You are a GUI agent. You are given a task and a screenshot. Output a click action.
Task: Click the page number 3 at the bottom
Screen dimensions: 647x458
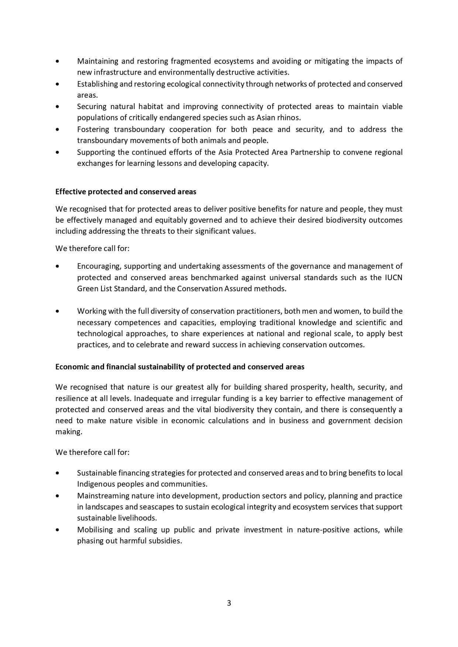[229, 603]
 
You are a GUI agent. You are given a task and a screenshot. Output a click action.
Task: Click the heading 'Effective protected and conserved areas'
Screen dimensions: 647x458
[125, 192]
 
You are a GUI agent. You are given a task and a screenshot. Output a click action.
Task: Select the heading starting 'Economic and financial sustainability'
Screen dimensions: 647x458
[180, 367]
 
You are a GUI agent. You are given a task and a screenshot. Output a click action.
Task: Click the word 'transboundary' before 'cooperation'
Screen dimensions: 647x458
[140, 129]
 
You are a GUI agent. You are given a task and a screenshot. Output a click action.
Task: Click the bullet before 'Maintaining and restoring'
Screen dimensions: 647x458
[57, 61]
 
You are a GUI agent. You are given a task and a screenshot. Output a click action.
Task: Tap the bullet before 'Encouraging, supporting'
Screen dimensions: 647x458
[57, 266]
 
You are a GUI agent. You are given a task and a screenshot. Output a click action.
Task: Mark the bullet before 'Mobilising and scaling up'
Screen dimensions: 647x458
[57, 530]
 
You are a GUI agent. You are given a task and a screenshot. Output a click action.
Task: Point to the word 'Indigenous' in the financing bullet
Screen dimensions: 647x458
[95, 484]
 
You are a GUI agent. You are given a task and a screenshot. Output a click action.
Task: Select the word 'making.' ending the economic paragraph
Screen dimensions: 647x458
[69, 432]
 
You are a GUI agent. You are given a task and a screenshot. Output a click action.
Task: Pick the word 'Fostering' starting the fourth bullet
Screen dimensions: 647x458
[93, 129]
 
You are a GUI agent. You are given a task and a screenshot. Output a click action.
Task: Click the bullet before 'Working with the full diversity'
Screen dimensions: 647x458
[57, 311]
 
